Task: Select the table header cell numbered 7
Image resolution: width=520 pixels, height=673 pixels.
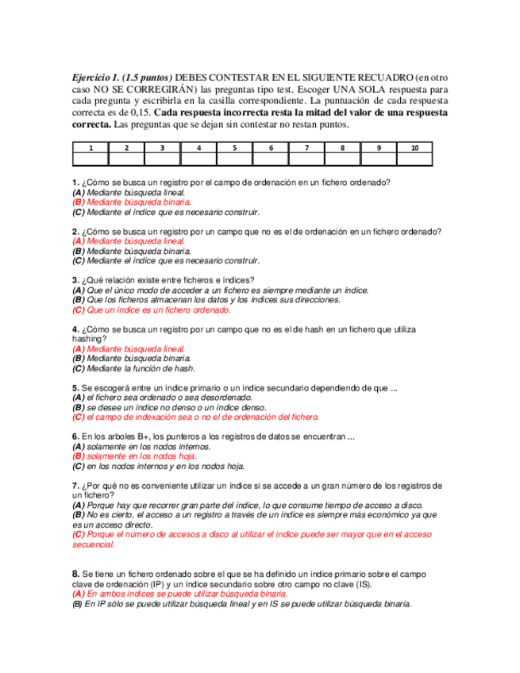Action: point(306,148)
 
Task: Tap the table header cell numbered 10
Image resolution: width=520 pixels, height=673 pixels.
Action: point(414,148)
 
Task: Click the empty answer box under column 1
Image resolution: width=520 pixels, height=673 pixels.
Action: point(91,159)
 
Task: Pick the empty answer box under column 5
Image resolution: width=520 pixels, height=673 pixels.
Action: point(234,159)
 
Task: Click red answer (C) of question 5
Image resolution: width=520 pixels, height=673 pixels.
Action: point(195,417)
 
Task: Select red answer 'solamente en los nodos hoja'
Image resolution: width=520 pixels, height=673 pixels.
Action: point(134,456)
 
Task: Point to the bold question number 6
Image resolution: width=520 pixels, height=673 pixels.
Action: point(75,436)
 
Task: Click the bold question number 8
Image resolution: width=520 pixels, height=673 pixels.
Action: point(75,573)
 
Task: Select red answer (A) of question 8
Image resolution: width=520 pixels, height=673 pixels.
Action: point(179,593)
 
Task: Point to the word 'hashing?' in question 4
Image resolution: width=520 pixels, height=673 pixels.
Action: point(88,339)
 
